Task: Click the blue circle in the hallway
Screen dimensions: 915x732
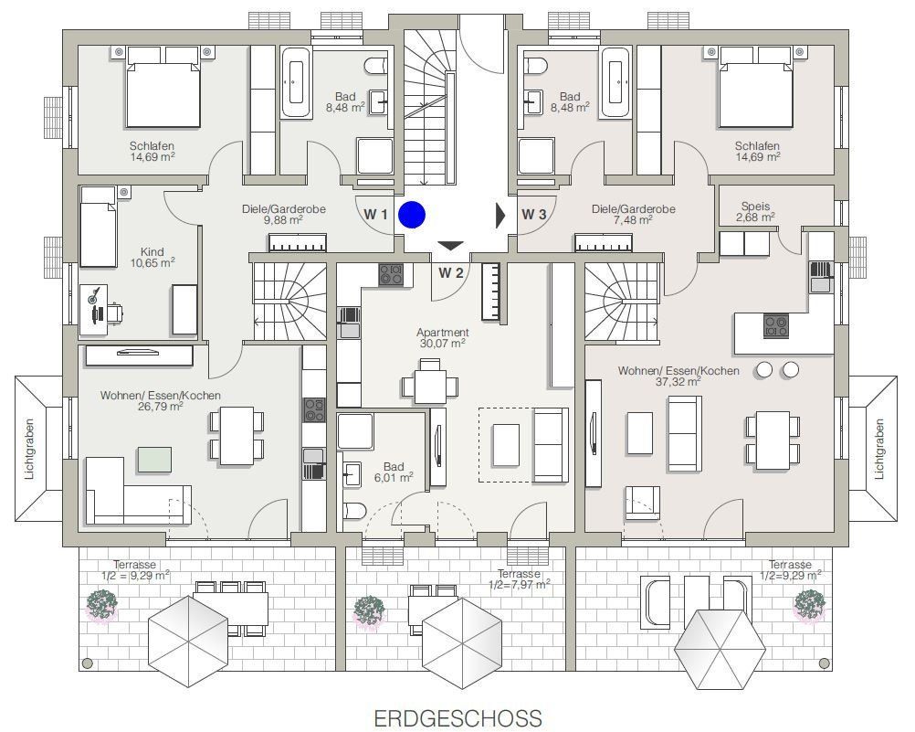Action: pos(412,215)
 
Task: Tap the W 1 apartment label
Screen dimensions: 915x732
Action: pos(376,215)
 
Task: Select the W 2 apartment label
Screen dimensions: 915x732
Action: pos(451,272)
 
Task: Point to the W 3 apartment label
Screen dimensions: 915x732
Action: pos(534,215)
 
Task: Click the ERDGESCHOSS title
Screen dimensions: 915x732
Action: pos(458,718)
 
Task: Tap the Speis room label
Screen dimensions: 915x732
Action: pos(756,207)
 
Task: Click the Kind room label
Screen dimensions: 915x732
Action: pos(152,252)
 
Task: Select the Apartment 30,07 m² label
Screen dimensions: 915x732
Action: pos(443,337)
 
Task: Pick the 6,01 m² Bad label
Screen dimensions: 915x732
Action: pos(394,472)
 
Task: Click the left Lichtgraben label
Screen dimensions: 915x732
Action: pos(30,449)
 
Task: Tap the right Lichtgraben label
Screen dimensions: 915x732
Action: pos(879,449)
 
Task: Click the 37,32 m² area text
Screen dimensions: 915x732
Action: pos(678,382)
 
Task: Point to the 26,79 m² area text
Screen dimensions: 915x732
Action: pos(161,407)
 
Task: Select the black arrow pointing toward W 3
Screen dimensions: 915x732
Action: pos(500,215)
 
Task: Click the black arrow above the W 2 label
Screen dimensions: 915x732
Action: pos(450,245)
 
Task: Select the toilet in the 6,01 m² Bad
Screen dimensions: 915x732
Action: pos(353,512)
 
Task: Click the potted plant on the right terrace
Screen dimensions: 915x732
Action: pos(809,605)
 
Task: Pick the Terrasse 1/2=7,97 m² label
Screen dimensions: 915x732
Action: pos(519,579)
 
